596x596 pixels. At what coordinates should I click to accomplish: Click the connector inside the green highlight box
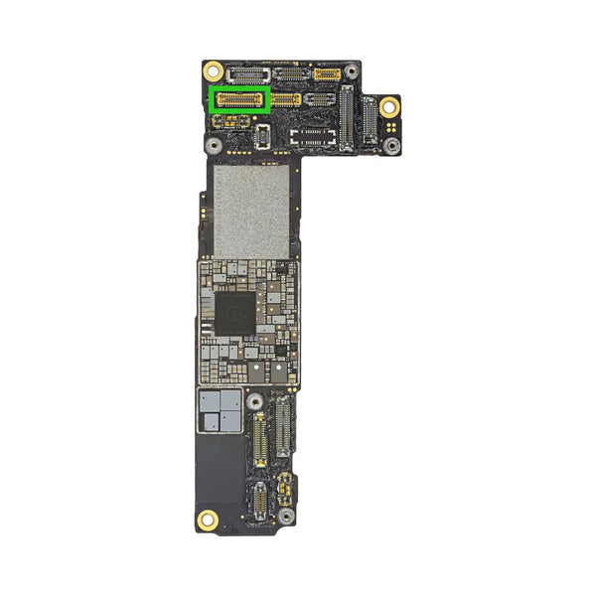[x=240, y=98]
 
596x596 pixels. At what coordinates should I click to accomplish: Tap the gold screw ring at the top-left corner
[x=213, y=71]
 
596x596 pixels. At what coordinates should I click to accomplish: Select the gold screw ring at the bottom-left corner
[x=208, y=518]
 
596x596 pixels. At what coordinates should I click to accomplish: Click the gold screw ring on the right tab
[x=388, y=106]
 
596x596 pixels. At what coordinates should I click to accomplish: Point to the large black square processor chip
[x=235, y=312]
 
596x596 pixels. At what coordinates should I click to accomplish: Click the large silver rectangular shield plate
[x=251, y=209]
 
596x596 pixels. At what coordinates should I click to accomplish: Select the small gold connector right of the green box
[x=287, y=99]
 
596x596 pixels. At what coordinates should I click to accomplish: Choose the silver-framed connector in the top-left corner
[x=242, y=74]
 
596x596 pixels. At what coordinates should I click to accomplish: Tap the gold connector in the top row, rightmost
[x=327, y=74]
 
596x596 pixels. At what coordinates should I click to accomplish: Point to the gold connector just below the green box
[x=232, y=121]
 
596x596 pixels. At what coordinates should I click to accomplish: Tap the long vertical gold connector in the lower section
[x=260, y=440]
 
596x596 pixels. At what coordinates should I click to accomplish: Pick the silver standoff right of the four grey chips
[x=255, y=401]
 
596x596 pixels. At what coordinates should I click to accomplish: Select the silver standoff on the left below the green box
[x=213, y=144]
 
